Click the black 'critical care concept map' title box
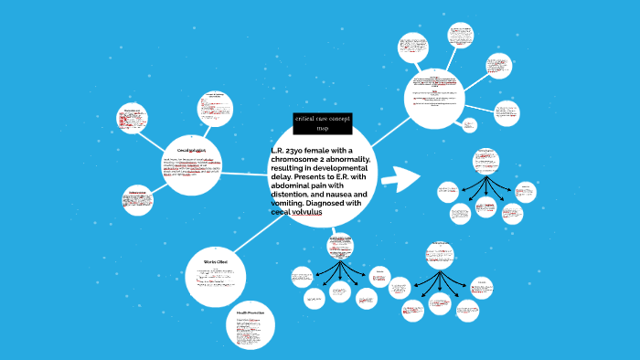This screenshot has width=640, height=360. tap(322, 123)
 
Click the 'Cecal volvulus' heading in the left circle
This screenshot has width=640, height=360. tap(192, 149)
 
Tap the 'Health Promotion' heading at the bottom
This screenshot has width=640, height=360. tap(250, 313)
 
